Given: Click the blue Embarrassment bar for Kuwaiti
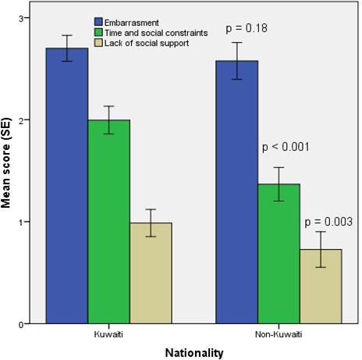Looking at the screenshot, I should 66,187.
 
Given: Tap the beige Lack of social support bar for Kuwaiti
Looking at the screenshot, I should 151,273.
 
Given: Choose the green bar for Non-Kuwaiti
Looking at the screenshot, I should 279,254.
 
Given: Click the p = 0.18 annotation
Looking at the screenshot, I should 247,29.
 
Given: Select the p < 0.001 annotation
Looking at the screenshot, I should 287,146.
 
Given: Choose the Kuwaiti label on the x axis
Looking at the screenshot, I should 108,334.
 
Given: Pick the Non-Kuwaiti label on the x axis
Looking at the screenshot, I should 279,334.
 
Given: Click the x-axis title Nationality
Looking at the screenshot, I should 193,352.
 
